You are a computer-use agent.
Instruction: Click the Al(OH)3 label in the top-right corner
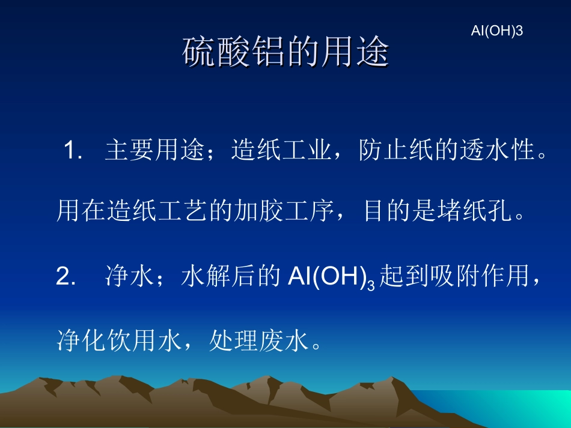point(496,31)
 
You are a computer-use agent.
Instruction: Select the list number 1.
point(72,151)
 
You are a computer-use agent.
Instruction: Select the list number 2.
point(64,278)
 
